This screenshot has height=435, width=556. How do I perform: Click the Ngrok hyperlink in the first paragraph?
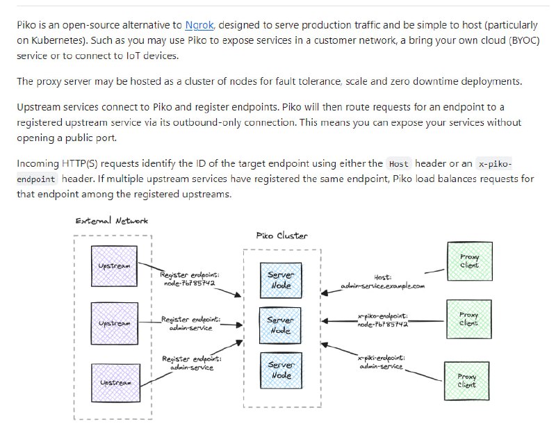point(199,25)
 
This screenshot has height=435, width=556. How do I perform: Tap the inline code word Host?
point(399,164)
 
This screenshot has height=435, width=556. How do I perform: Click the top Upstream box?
point(114,266)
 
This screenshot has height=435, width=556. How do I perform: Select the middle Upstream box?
point(114,324)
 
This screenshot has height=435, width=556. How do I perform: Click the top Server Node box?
point(281,280)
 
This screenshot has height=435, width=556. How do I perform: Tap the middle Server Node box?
point(281,325)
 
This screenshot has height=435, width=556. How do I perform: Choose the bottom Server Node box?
point(281,370)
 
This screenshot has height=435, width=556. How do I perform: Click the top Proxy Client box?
point(469,261)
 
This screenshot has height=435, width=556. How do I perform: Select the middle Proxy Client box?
point(468,319)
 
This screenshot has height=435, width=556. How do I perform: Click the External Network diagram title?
point(111,221)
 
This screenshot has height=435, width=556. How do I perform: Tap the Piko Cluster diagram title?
point(281,236)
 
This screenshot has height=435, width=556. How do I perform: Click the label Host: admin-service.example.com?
point(382,281)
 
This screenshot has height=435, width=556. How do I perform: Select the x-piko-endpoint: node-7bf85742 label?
point(382,320)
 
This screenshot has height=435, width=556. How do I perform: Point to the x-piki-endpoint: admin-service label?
point(382,362)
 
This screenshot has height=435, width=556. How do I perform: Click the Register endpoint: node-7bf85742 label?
point(190,279)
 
